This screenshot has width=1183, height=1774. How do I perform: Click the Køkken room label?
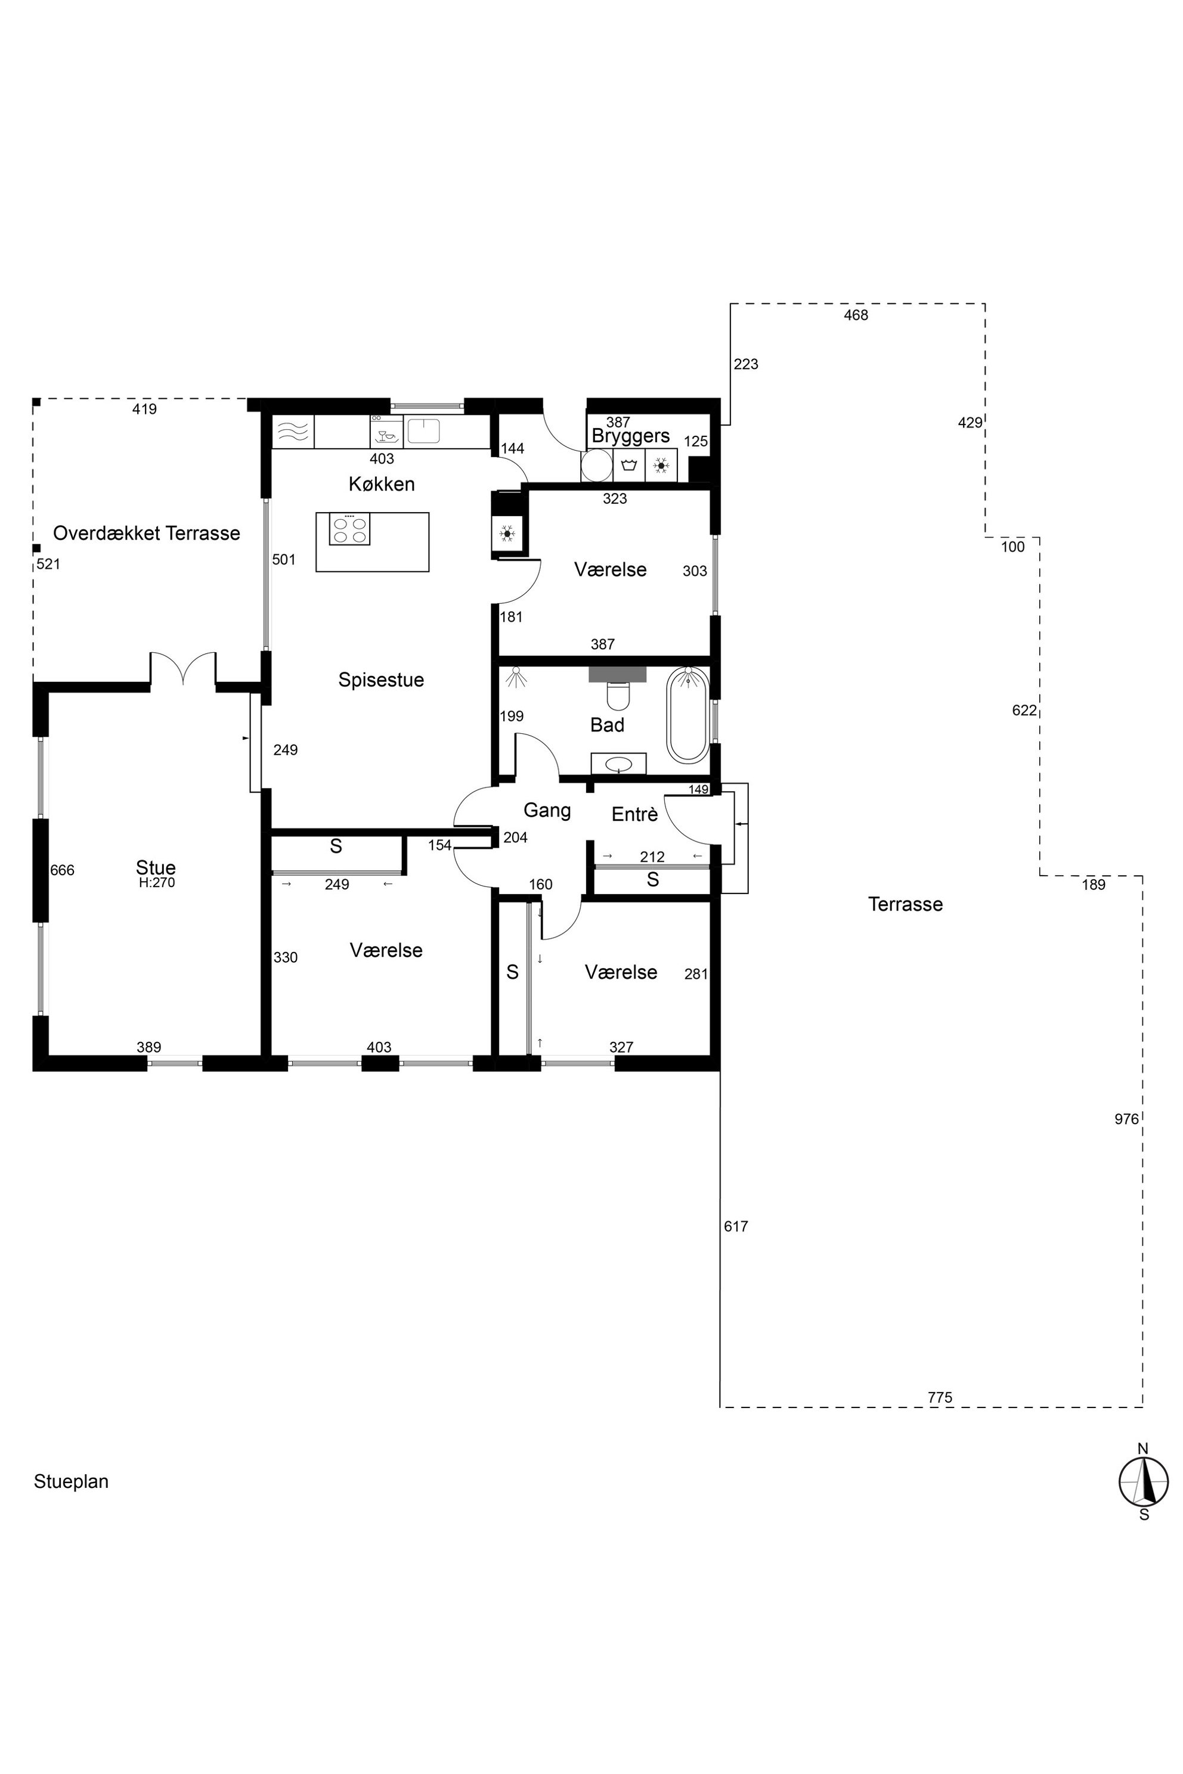(x=382, y=484)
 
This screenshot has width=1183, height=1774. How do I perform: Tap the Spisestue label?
(x=381, y=680)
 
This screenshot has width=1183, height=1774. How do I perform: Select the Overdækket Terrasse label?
(x=146, y=534)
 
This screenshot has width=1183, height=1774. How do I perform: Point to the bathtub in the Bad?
(x=687, y=714)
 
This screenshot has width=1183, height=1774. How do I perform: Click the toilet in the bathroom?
(x=618, y=696)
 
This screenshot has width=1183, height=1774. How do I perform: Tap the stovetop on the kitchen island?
(x=349, y=529)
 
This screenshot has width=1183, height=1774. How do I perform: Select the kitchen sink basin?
(x=424, y=430)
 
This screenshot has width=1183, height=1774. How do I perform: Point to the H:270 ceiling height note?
(x=157, y=882)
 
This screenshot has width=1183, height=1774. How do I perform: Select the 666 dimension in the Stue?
(x=62, y=870)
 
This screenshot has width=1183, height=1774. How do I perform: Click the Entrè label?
(x=634, y=815)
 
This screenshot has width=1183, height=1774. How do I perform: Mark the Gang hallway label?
(x=547, y=811)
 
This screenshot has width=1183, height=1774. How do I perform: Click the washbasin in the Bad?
(x=619, y=763)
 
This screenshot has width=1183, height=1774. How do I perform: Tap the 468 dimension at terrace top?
(x=856, y=315)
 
